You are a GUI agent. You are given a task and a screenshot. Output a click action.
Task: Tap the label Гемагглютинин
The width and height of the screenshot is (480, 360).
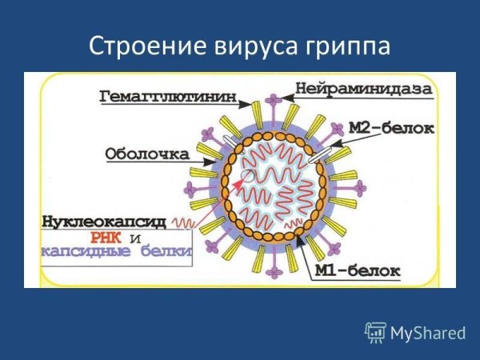point(168,97)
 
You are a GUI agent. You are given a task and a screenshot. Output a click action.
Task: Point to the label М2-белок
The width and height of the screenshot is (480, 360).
point(391,127)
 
